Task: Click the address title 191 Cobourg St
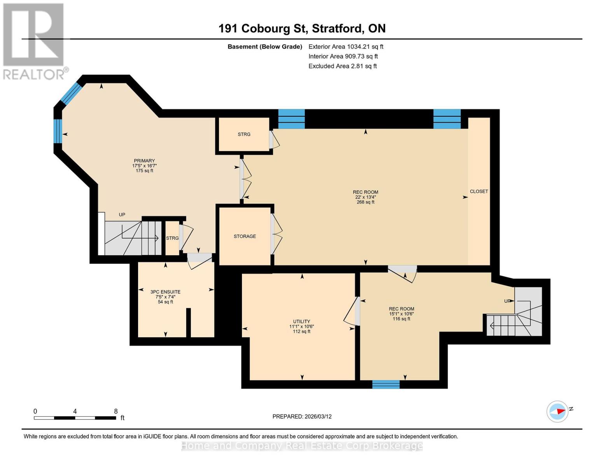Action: (302, 28)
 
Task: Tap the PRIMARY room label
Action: (144, 161)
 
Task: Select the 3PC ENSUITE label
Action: (165, 292)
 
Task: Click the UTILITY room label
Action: (301, 321)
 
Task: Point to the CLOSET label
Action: (479, 191)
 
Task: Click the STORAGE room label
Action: (245, 236)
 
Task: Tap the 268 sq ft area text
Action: (365, 202)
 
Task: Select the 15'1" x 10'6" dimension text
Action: (401, 314)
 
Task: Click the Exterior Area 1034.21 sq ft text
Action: (346, 47)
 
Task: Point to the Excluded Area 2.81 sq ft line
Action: (342, 66)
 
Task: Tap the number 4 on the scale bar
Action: (75, 411)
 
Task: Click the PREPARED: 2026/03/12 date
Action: (302, 416)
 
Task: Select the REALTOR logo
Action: (34, 41)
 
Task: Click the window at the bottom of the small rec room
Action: (386, 384)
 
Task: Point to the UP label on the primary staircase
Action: (122, 214)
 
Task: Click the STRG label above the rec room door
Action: (244, 134)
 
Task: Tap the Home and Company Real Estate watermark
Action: (302, 446)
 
